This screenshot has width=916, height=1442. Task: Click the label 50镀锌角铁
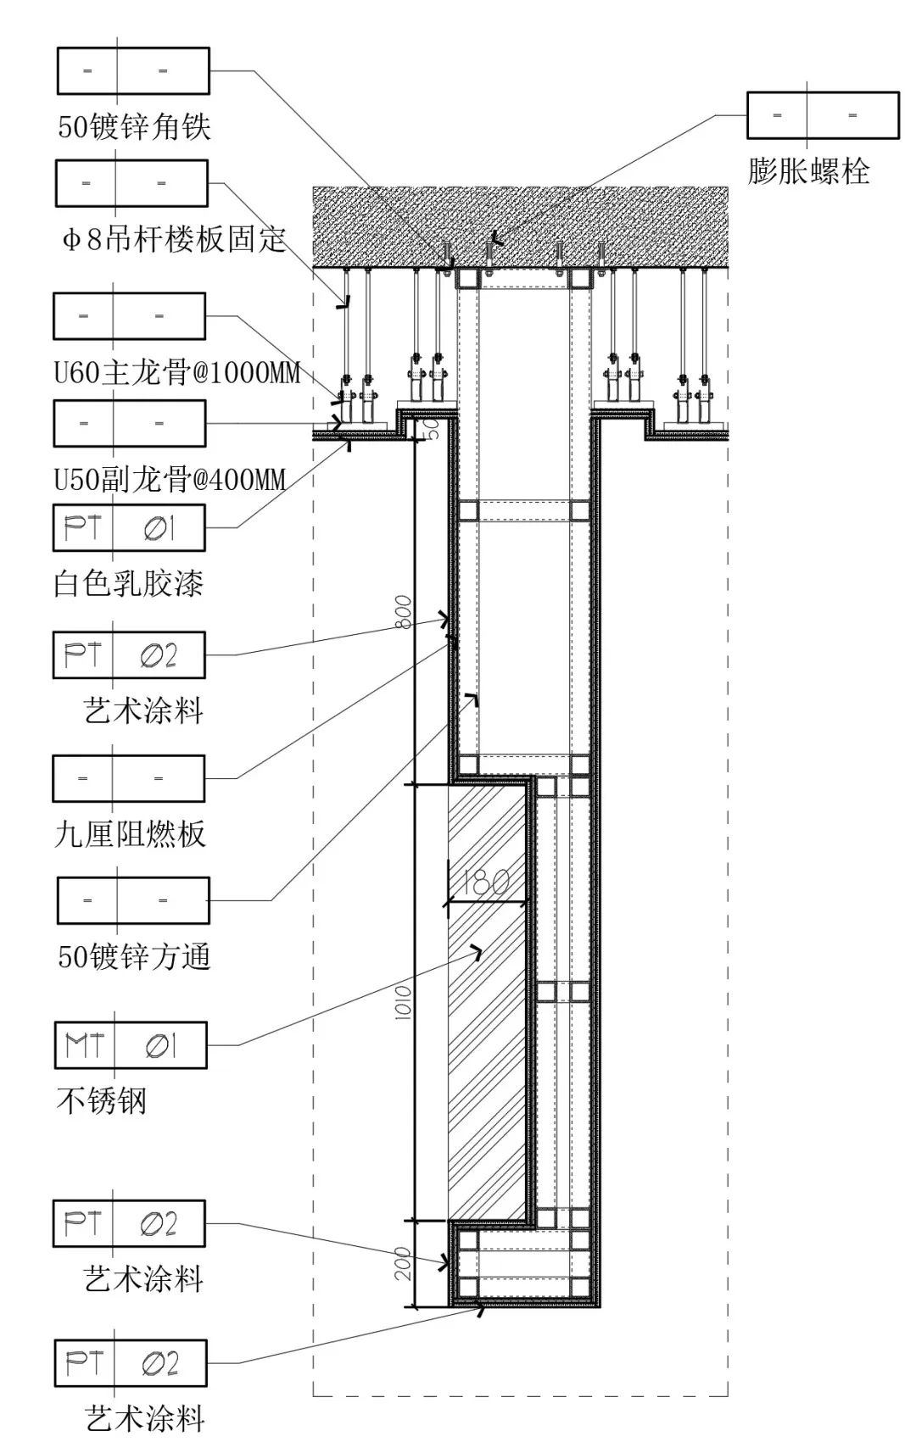[x=134, y=127]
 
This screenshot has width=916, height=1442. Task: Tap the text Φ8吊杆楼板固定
[x=174, y=240]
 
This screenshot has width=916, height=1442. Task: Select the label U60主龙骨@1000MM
[x=177, y=372]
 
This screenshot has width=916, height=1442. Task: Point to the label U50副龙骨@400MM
[x=170, y=480]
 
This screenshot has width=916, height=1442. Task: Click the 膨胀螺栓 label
[x=808, y=172]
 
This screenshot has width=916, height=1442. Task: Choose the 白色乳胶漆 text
[x=129, y=583]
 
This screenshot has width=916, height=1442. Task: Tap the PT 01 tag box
[x=129, y=528]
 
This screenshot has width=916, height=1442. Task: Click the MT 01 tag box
[x=131, y=1045]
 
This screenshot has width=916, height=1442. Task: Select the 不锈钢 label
[x=102, y=1100]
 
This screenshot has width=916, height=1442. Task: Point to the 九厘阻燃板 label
[x=130, y=834]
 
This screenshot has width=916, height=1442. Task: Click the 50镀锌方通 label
[x=134, y=957]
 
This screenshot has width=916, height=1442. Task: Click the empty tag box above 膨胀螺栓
[x=823, y=115]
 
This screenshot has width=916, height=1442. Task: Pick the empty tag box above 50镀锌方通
[x=133, y=900]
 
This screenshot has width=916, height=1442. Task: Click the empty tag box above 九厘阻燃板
[x=129, y=778]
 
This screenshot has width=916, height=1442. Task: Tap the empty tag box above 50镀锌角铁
[x=133, y=70]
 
